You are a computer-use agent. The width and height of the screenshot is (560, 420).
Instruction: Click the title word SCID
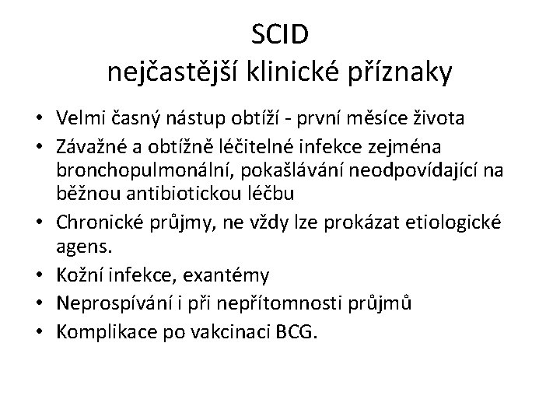(280, 35)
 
